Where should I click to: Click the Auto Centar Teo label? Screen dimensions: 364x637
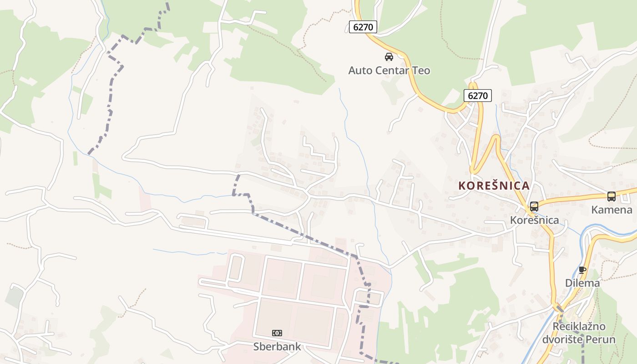[389, 71]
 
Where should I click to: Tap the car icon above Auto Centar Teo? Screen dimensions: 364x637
[389, 57]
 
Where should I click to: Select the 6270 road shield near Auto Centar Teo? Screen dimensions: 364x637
[363, 27]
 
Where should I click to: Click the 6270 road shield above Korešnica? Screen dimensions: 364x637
[478, 96]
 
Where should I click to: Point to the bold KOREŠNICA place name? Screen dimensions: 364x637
[494, 186]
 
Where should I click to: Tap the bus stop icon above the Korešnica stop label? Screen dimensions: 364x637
[534, 206]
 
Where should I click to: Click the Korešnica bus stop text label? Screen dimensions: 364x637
[534, 220]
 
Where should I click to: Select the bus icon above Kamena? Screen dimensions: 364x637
[612, 197]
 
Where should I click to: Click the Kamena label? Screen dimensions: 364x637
[612, 210]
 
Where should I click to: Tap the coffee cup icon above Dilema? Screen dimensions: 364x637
[582, 270]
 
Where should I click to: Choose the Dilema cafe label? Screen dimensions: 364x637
[582, 283]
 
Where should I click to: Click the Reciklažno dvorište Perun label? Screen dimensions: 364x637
[579, 333]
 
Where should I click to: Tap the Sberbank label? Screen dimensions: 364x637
[277, 347]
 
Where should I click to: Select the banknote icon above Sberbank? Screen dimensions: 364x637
[277, 333]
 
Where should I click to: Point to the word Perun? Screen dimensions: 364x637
[600, 339]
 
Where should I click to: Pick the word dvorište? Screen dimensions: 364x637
[562, 339]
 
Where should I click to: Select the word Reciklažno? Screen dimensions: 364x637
[579, 327]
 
